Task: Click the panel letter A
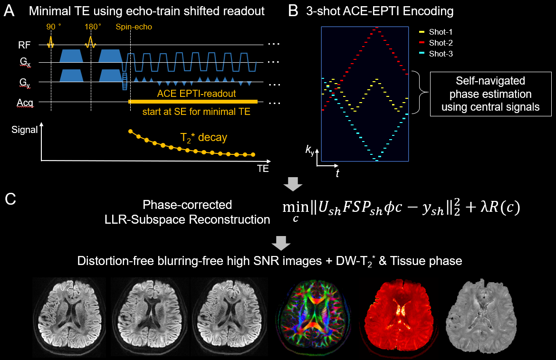(x=10, y=10)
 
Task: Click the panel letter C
(x=10, y=198)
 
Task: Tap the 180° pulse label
(x=92, y=27)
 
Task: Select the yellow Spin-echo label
(x=134, y=27)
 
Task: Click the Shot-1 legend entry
(x=441, y=32)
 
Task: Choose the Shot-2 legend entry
(x=441, y=43)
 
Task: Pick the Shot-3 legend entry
(x=441, y=54)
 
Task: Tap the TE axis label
(x=262, y=168)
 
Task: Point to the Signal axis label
(x=24, y=130)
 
